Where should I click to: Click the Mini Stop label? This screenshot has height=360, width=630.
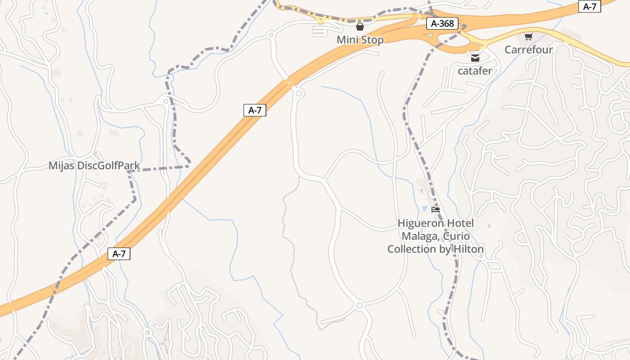[360, 40]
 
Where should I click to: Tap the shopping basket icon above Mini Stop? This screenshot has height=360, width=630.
[360, 27]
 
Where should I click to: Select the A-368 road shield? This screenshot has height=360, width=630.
[443, 23]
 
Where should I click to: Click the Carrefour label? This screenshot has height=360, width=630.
[528, 49]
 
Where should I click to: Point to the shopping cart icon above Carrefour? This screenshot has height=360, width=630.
[528, 36]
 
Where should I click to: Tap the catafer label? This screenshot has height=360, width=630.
[475, 71]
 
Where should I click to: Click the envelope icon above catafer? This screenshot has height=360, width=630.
[475, 58]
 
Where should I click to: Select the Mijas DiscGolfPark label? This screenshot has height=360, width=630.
[94, 166]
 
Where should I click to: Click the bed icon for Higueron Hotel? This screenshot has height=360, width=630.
[435, 210]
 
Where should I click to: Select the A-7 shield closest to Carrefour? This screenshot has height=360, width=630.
[589, 6]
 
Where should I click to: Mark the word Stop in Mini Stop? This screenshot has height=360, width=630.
[372, 40]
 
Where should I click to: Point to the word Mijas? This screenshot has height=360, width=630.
[62, 166]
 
